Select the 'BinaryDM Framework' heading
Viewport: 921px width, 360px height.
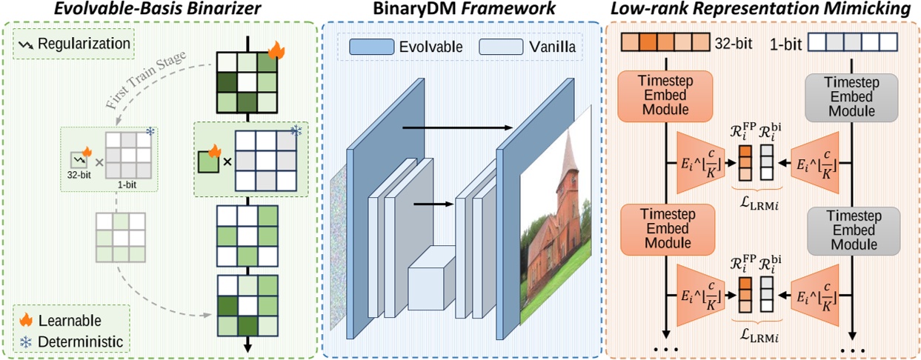click(x=462, y=10)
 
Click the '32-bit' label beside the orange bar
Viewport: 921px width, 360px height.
click(x=733, y=43)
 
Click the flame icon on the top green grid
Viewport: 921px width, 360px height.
click(x=276, y=50)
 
